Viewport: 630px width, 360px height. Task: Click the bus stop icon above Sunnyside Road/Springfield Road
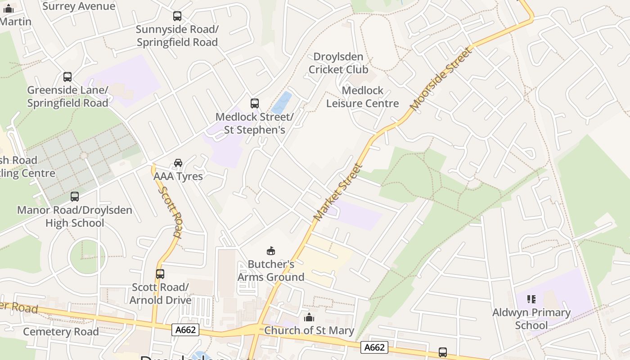click(x=177, y=16)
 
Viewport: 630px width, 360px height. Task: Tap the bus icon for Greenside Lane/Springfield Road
click(x=67, y=77)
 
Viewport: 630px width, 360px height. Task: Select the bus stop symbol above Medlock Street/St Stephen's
click(x=255, y=103)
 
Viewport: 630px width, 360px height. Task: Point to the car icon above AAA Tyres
click(x=178, y=162)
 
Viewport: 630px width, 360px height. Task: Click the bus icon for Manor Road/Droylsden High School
click(x=75, y=197)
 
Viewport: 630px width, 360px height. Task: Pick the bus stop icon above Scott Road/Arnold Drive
click(x=160, y=274)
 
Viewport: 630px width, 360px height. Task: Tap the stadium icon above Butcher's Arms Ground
click(x=271, y=251)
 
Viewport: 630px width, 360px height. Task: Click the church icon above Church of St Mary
click(x=309, y=317)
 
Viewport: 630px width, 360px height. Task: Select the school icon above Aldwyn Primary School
click(x=531, y=299)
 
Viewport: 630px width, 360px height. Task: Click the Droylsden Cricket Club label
click(x=338, y=63)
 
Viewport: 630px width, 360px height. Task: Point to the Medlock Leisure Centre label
click(x=362, y=97)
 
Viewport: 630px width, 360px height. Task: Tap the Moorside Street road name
click(x=441, y=79)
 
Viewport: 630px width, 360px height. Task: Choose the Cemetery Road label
click(x=61, y=332)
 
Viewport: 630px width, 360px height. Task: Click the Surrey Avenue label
click(x=79, y=6)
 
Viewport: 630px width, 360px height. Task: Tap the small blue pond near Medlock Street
click(x=282, y=103)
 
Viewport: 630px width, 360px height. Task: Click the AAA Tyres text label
click(x=178, y=176)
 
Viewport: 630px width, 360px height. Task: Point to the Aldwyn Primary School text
click(x=531, y=319)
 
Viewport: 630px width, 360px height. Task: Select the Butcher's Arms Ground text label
click(x=271, y=270)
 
